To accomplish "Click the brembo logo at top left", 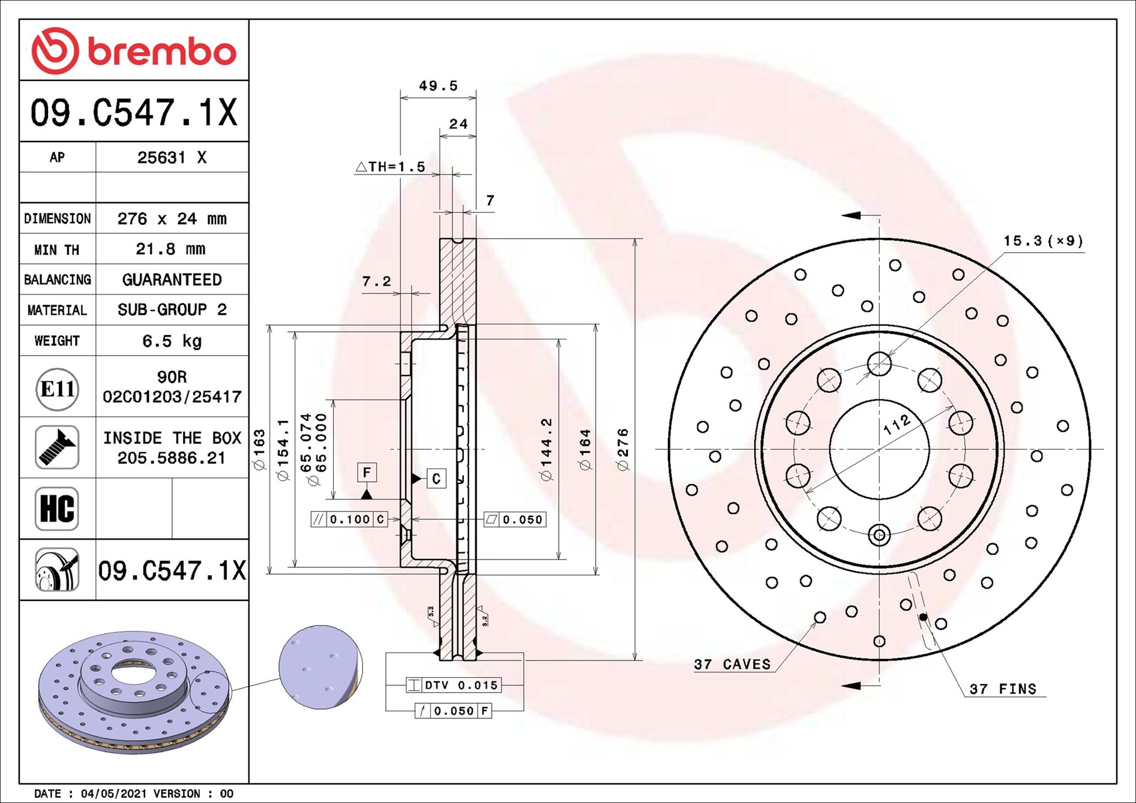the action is pos(134,51).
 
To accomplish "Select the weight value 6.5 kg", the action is pos(172,341).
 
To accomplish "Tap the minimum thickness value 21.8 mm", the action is pos(170,249).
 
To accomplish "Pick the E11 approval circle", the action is pos(58,389).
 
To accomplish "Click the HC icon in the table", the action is pos(57,509).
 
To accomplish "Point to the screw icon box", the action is pos(57,447).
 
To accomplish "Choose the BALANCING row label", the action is pos(58,279).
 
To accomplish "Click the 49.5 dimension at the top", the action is pos(438,86).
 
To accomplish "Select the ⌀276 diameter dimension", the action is pos(623,449).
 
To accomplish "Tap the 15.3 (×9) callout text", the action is pos(1044,241).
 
